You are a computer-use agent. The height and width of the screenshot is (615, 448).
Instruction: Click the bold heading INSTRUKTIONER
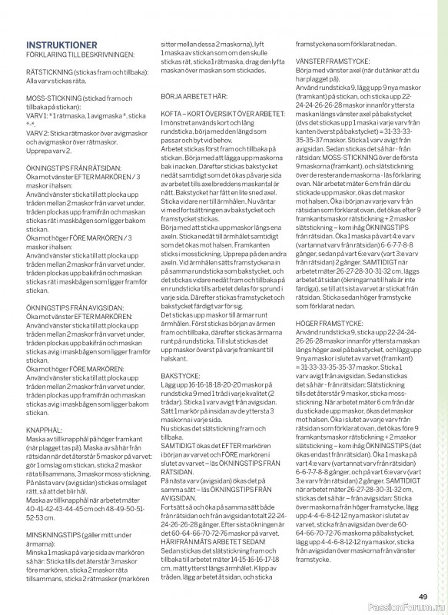61,45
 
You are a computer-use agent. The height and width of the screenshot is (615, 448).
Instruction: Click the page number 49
423,597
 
